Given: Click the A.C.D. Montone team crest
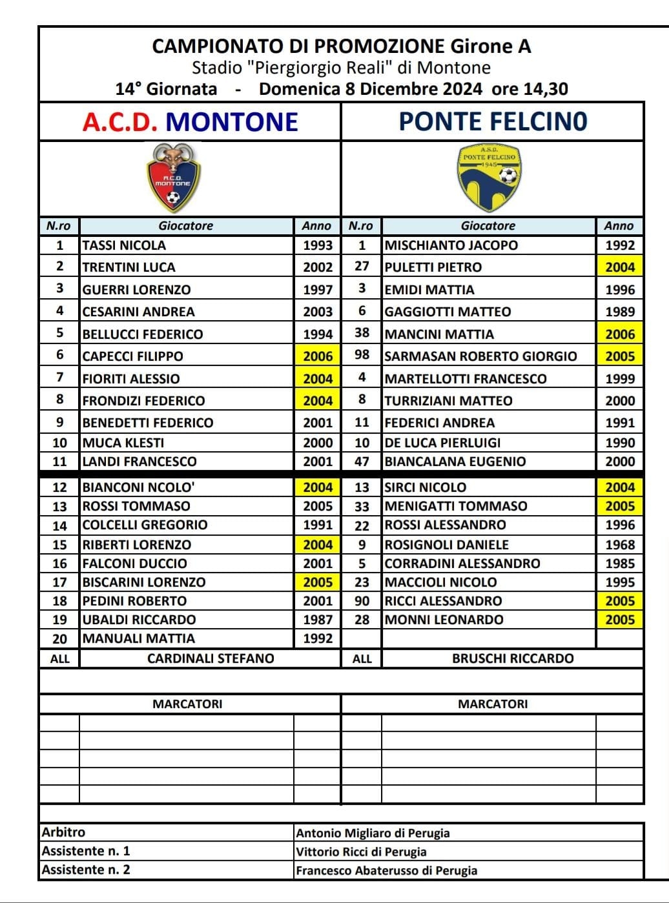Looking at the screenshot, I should pos(173,178).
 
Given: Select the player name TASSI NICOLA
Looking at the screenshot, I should pos(124,245).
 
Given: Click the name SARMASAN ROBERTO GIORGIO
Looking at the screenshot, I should pos(480,356).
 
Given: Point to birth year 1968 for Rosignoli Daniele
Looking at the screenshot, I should pos(620,545).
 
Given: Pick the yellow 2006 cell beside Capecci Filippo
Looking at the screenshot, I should pos(318,356).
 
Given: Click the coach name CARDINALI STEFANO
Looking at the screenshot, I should pos(211,658).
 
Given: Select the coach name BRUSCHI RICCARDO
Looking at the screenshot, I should pos(513,658).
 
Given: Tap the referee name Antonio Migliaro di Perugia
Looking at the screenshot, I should pos(373,833).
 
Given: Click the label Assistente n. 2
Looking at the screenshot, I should pos(86,869).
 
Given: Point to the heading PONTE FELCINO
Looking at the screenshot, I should pos(493,121).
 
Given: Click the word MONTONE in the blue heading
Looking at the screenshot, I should pos(232,121).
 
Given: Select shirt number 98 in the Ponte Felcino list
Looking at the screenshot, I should pos(362,356).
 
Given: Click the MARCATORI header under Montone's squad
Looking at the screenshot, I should pos(187,704).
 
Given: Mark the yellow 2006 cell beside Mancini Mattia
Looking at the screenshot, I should pos(620,334).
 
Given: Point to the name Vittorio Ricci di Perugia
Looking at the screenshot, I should pos(361,851).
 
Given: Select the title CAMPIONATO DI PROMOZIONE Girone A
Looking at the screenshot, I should pos(342,46).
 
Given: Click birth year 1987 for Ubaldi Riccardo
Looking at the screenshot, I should pos(318,620).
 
